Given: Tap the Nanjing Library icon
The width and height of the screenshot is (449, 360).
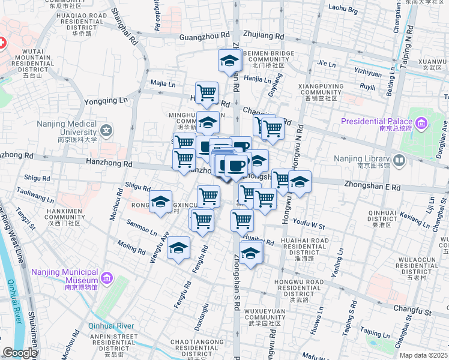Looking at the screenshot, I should click(400, 160).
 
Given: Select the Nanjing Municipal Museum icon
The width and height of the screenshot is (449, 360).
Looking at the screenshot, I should click(106, 278).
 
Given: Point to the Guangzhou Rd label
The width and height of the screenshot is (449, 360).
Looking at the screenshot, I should click(205, 37).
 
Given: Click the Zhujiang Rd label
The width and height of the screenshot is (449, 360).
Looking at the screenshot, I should click(264, 36).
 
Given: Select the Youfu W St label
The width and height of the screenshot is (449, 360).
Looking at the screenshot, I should click(309, 226).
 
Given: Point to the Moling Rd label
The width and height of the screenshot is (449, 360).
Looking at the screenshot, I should click(131, 248).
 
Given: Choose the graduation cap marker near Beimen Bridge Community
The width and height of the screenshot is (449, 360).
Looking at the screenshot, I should click(229, 61).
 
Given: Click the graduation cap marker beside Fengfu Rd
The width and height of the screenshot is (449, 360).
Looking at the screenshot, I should click(178, 248).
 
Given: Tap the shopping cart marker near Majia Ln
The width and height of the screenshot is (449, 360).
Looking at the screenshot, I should click(206, 92).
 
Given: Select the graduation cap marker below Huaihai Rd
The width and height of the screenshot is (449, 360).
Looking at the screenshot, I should click(251, 253).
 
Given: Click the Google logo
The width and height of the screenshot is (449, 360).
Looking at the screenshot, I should click(20, 353).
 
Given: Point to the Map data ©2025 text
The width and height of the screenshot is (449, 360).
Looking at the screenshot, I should click(423, 355).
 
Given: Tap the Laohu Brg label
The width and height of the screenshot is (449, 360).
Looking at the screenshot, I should click(344, 10).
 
